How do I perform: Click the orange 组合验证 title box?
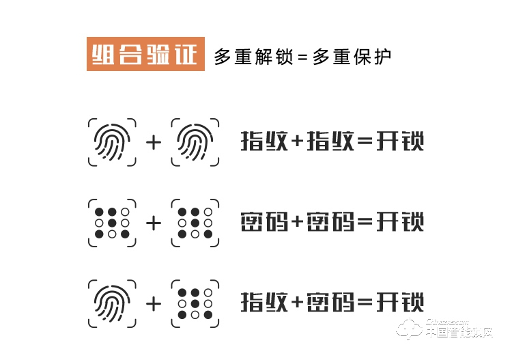[x=145, y=55]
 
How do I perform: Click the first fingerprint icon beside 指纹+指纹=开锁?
[x=112, y=142]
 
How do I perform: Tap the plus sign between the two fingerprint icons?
[x=154, y=142]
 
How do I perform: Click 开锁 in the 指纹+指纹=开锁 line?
[x=401, y=142]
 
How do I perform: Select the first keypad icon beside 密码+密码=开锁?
[x=112, y=222]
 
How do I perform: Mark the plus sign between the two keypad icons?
[x=154, y=223]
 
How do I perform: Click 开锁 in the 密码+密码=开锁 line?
[x=401, y=222]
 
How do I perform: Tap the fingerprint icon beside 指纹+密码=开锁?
[x=112, y=302]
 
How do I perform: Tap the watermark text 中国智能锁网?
[x=459, y=333]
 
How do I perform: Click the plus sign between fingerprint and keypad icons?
[x=154, y=303]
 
